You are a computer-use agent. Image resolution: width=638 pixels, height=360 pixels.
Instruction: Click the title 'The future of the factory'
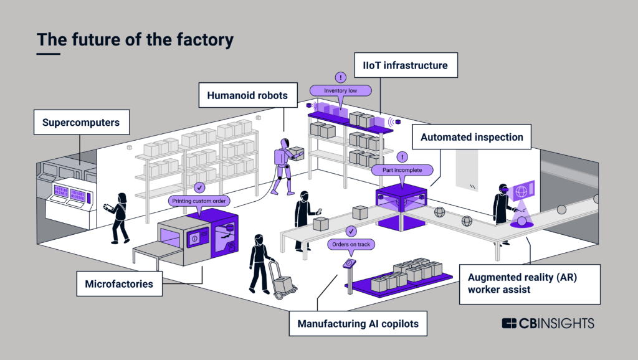click(135, 39)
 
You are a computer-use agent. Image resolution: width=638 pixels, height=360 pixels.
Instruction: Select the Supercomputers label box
click(80, 123)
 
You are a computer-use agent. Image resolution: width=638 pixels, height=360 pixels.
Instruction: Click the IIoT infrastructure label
click(406, 65)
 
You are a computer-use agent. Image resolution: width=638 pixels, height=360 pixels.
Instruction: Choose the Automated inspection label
click(472, 137)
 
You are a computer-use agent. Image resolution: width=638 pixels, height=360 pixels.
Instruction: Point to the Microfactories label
click(119, 284)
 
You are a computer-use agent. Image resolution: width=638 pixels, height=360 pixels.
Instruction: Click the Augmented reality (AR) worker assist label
click(529, 284)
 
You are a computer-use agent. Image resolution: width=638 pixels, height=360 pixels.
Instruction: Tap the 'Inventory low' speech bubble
click(340, 91)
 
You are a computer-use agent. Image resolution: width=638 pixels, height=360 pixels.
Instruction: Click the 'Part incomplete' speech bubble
click(402, 169)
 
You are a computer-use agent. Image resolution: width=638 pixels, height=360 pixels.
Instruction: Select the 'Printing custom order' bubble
click(199, 201)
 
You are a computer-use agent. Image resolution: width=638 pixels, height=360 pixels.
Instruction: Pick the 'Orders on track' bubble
click(351, 244)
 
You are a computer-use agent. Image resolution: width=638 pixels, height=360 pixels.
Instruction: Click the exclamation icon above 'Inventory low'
click(340, 77)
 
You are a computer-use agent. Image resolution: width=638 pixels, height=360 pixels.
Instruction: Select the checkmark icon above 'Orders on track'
click(351, 231)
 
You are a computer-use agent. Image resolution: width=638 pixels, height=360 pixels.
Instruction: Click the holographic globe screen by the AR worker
click(521, 192)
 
